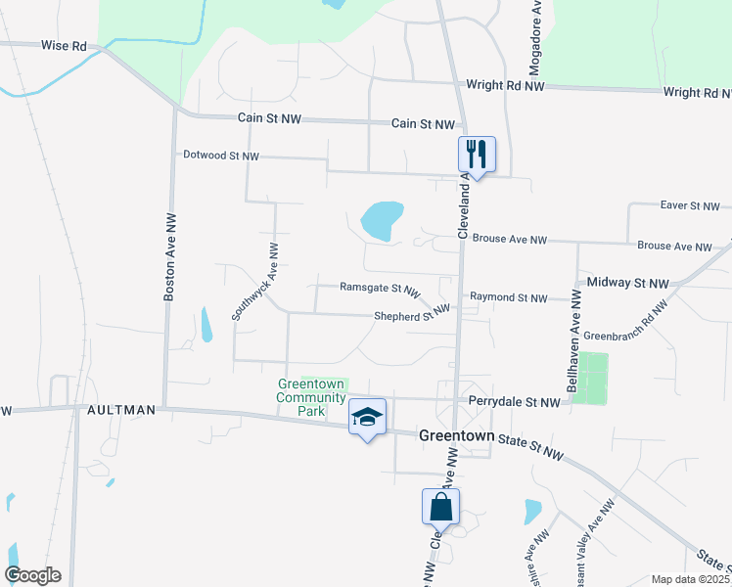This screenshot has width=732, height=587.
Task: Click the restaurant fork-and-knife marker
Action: pyautogui.click(x=477, y=154)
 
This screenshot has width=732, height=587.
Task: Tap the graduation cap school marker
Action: pyautogui.click(x=368, y=418)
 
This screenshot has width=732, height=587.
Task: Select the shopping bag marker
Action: pyautogui.click(x=440, y=507)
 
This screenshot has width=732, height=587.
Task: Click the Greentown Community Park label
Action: pyautogui.click(x=312, y=398)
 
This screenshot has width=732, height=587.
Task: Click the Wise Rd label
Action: pyautogui.click(x=64, y=45)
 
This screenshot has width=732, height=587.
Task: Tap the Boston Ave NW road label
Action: pyautogui.click(x=170, y=255)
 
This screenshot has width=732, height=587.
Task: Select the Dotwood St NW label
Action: pyautogui.click(x=221, y=156)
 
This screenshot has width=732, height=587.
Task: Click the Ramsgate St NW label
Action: pyautogui.click(x=379, y=289)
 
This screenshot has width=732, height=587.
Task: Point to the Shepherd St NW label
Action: pyautogui.click(x=411, y=316)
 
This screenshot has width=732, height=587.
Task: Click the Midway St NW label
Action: pyautogui.click(x=627, y=283)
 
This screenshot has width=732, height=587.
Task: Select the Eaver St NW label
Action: pyautogui.click(x=689, y=206)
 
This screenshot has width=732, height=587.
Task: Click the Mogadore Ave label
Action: pyautogui.click(x=535, y=38)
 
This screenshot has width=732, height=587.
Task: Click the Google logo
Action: pyautogui.click(x=32, y=575)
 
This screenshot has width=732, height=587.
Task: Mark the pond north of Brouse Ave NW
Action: pyautogui.click(x=382, y=220)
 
